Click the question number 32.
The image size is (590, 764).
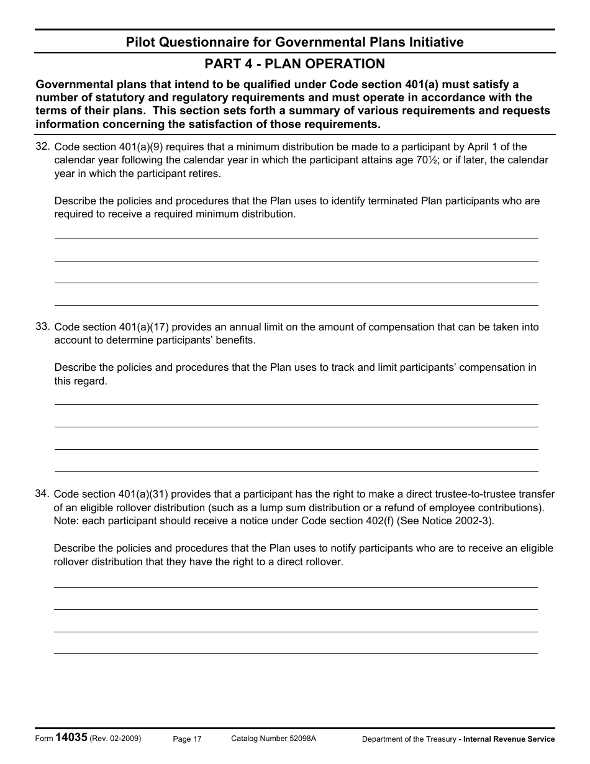(42, 146)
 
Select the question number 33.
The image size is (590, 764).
(42, 325)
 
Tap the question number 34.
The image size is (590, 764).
(42, 493)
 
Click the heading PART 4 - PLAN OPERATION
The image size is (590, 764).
(294, 64)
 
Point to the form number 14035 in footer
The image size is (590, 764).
(71, 737)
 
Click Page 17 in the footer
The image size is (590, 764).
(187, 739)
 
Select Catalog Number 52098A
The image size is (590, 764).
(273, 738)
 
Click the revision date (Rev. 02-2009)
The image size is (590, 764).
(116, 739)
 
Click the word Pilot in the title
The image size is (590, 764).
(142, 42)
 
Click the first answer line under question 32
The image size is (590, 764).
(296, 238)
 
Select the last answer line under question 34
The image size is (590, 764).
(296, 653)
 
